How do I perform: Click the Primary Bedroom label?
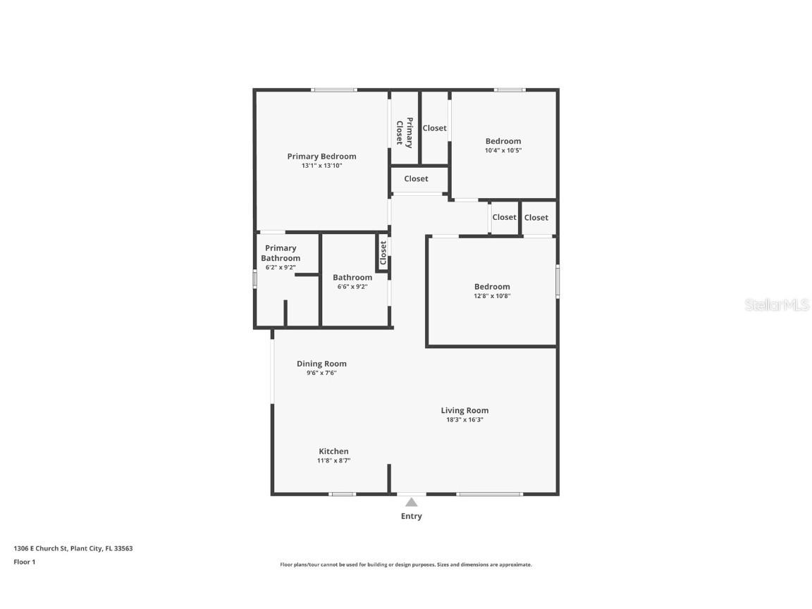[x=321, y=156]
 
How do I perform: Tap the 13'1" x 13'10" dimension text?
[x=321, y=166]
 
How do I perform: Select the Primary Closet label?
[x=405, y=133]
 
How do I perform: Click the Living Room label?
[x=465, y=411]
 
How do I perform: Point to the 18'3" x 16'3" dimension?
[x=465, y=420]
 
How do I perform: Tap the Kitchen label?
[x=333, y=452]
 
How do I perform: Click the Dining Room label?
[x=321, y=364]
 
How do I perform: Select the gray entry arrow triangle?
[x=411, y=503]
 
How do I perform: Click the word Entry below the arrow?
[x=411, y=516]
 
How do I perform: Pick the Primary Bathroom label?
[x=281, y=253]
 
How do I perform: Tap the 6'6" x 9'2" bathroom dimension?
[x=352, y=287]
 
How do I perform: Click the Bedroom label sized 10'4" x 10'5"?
[x=503, y=142]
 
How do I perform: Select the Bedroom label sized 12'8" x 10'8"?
[x=492, y=287]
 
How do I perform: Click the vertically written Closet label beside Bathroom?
[x=383, y=253]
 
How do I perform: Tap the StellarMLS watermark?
[x=777, y=304]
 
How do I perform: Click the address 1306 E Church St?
[x=40, y=548]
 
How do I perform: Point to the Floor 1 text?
[x=25, y=562]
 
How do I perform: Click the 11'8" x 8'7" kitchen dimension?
[x=333, y=461]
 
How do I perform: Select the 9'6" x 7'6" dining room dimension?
[x=321, y=374]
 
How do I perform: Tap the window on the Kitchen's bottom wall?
[x=343, y=494]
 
